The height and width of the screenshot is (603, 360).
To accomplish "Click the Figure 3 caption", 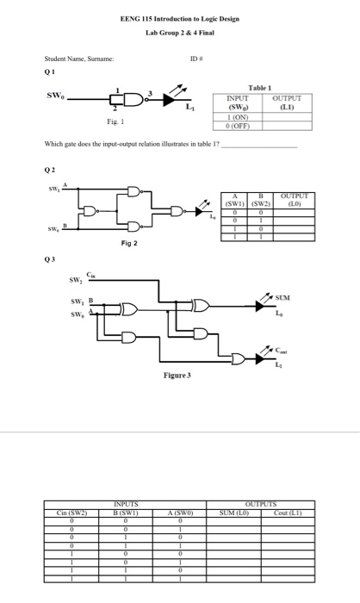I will [x=179, y=376].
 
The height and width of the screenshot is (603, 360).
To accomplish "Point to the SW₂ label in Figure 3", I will [x=75, y=279].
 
